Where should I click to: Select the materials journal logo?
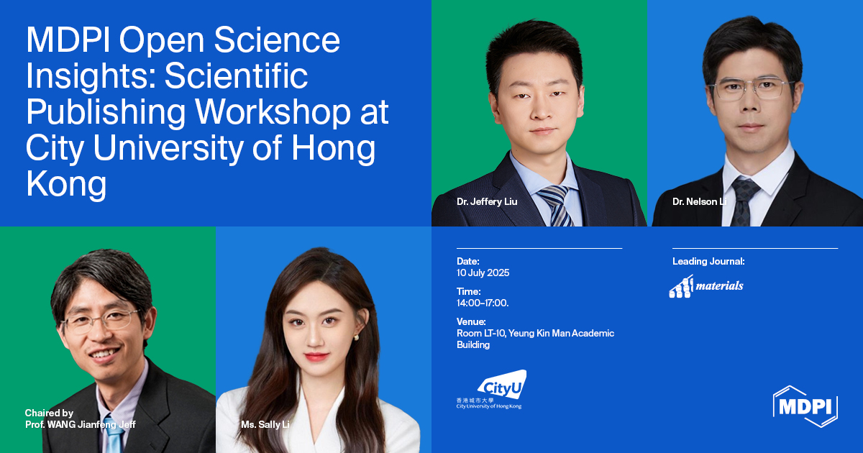pos(706,285)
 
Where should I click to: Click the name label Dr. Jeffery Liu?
pos(487,202)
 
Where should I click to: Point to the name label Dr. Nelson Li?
pos(699,202)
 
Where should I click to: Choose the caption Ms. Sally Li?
pos(265,425)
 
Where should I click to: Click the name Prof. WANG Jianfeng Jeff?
pos(80,425)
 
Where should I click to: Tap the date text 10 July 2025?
pos(483,273)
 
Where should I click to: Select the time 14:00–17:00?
pos(483,303)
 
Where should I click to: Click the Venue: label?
pos(471,321)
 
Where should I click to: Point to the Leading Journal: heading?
pos(708,262)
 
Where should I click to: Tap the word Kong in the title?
pos(66,185)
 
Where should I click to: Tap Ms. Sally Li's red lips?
pos(316,355)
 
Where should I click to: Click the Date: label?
pos(467,262)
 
